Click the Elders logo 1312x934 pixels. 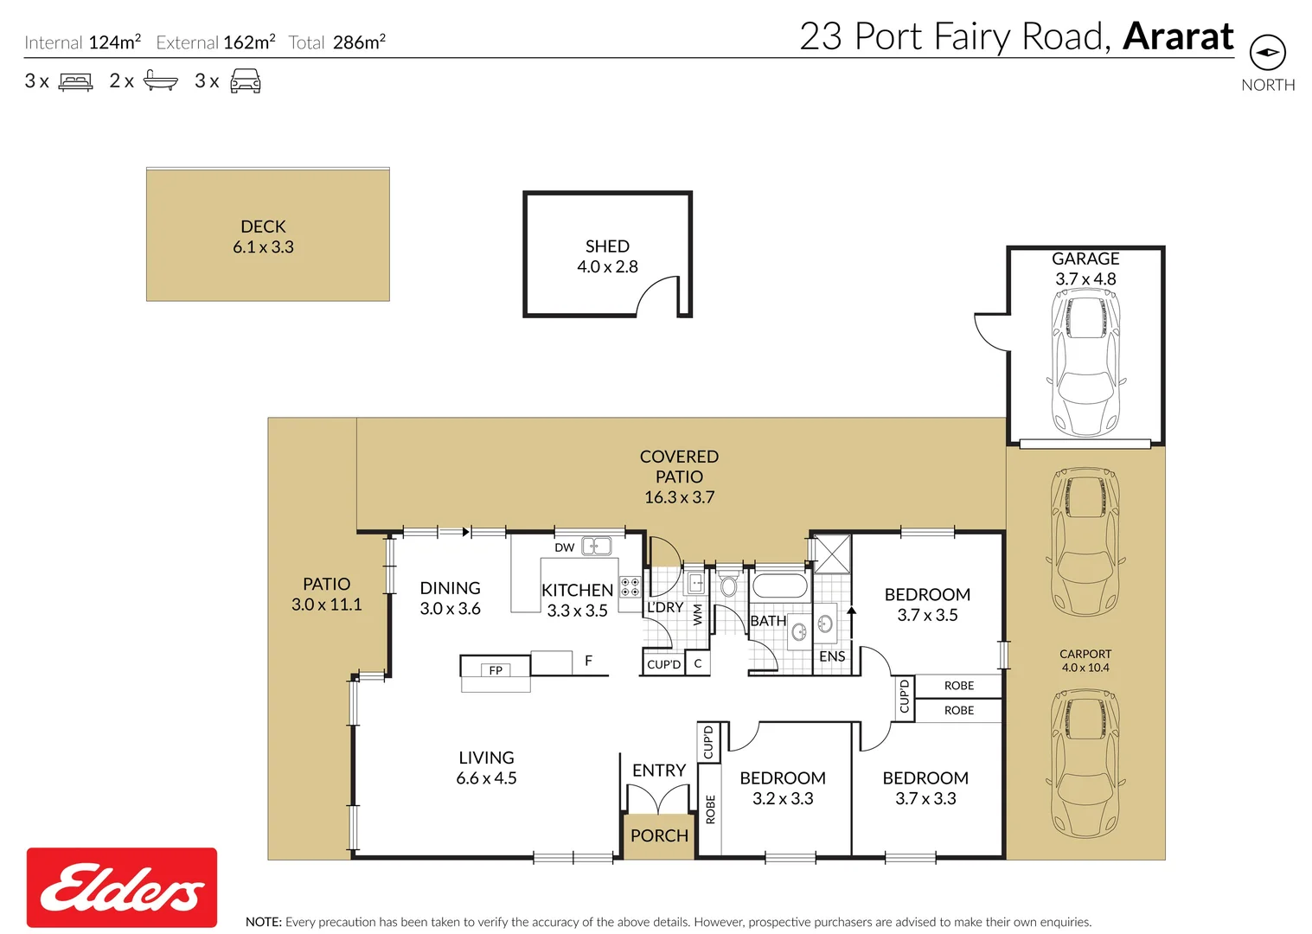pos(122,887)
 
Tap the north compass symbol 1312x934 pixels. pos(1268,53)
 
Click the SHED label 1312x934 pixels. pos(607,246)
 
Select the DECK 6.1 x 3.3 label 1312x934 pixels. pos(263,237)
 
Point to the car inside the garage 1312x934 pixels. pos(1085,363)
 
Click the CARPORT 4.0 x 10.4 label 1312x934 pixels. pos(1085,661)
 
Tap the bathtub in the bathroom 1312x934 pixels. pos(779,585)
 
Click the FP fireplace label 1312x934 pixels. pos(496,670)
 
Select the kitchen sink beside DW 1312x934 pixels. pos(597,546)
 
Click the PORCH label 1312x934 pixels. pos(659,835)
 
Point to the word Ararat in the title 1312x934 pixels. pos(1178,36)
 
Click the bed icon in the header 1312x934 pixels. pos(75,82)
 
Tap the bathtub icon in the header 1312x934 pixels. pos(160,81)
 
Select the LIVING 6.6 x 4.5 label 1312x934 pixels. pos(486,768)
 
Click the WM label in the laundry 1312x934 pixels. pos(698,614)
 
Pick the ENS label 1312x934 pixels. pos(832,656)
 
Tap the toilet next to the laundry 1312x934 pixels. pos(728,585)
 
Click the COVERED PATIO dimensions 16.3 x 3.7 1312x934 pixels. pos(679,497)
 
